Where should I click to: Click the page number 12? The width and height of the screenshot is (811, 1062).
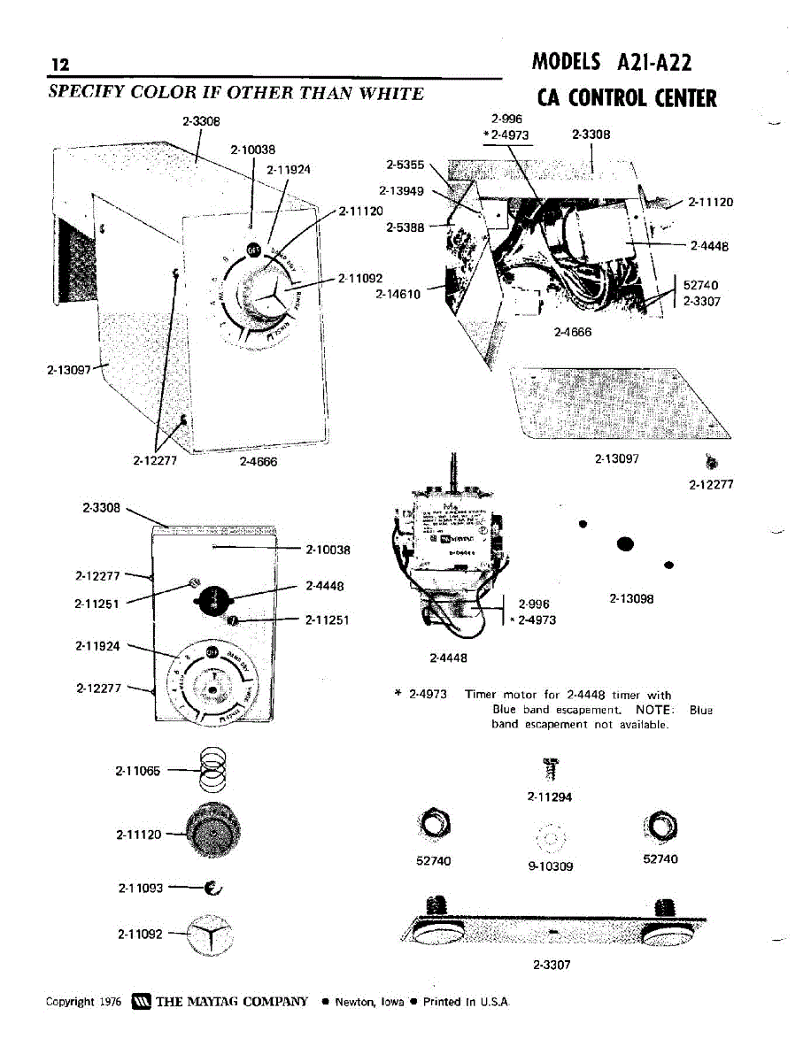(x=60, y=65)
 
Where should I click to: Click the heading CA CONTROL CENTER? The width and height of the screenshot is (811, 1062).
(x=627, y=97)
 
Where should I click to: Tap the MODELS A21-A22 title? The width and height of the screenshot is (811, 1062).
(x=612, y=62)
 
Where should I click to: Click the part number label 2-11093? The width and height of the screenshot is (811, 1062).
(x=140, y=888)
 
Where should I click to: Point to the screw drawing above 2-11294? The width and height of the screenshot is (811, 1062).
(x=550, y=770)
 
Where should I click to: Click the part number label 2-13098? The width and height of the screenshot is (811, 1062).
(x=631, y=599)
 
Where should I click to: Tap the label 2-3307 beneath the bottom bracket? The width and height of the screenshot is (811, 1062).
(x=552, y=966)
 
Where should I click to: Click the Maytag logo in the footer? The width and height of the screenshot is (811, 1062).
(x=142, y=1002)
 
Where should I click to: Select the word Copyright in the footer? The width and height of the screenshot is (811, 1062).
(x=71, y=1002)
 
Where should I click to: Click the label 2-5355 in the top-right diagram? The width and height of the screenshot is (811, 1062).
(x=405, y=164)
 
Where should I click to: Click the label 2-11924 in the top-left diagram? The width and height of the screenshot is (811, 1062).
(x=289, y=170)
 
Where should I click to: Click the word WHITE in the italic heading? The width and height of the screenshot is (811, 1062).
(x=389, y=94)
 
